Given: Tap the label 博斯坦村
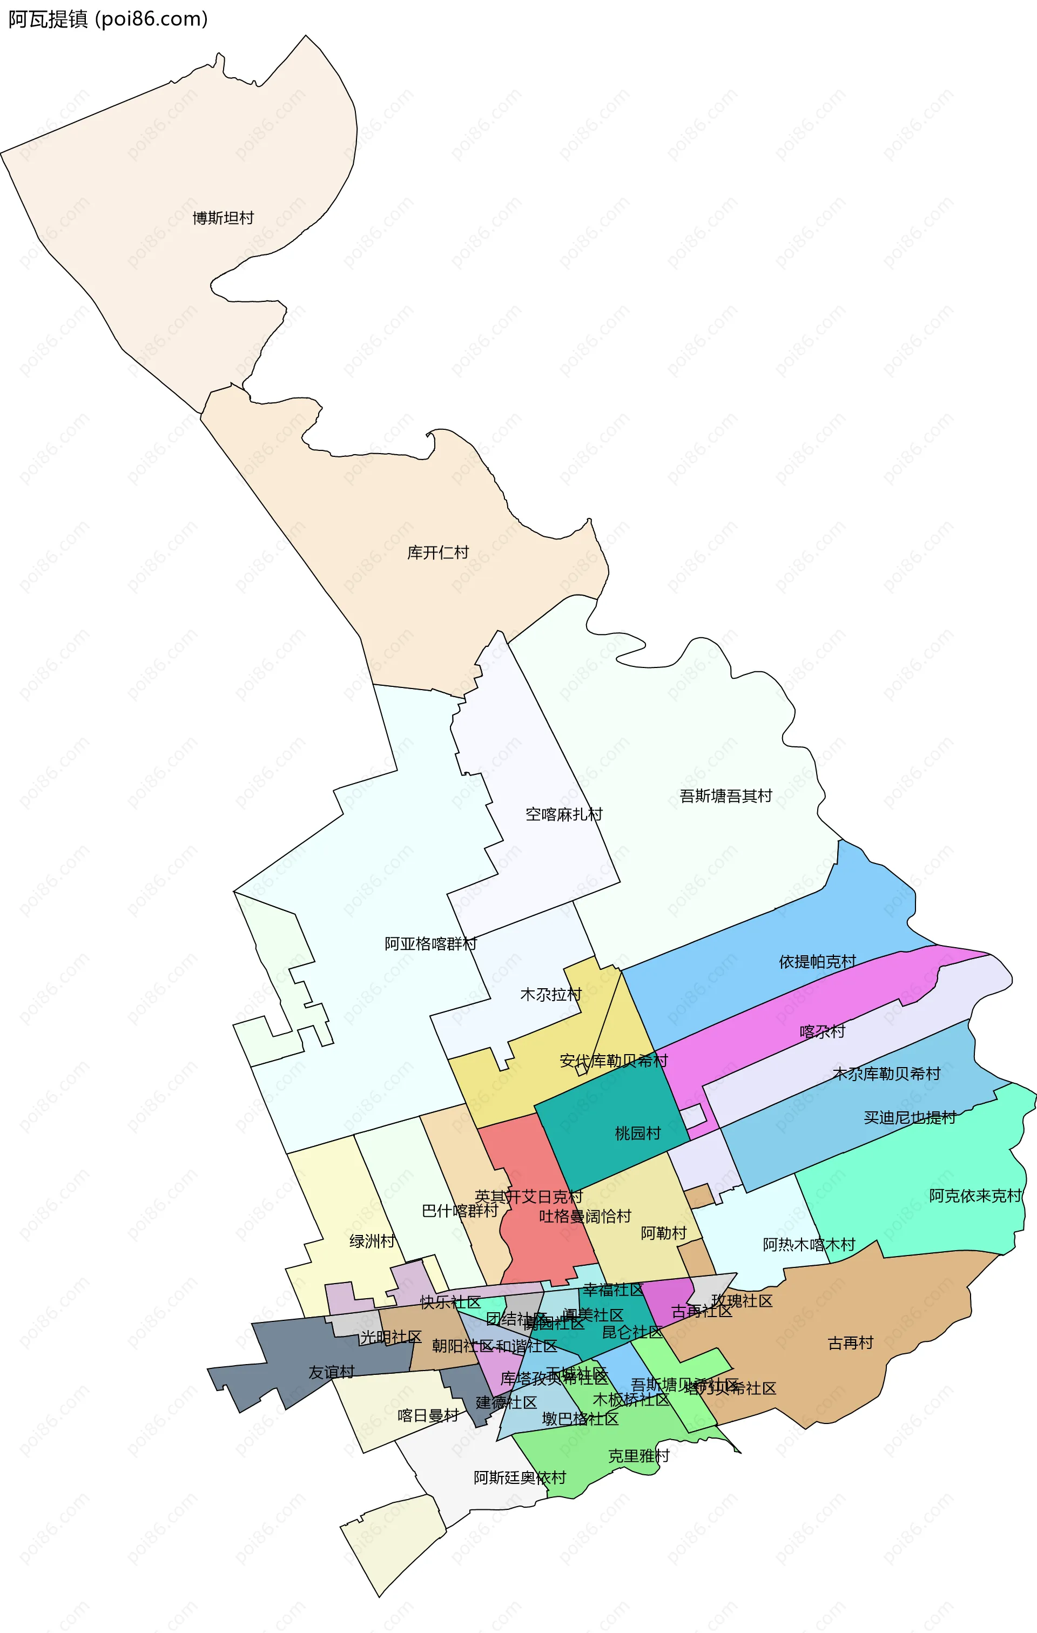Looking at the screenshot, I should point(223,218).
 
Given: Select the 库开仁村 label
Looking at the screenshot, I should point(437,552).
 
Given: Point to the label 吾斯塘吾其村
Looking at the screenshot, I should point(726,796).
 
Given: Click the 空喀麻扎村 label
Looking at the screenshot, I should point(564,814).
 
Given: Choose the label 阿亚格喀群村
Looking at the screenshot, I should point(430,944).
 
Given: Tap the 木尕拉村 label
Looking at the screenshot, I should point(551,995).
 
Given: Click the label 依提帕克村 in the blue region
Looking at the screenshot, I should point(817,962).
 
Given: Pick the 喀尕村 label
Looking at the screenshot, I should point(822,1031).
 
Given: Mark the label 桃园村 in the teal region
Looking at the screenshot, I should point(637,1133).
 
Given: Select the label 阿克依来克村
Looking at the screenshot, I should point(974,1196).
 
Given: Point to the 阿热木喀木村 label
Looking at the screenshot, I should point(809,1244).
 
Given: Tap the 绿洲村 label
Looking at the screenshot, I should point(372,1241).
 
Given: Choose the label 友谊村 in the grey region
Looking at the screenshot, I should point(331,1373).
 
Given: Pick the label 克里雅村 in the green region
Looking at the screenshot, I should point(638,1455).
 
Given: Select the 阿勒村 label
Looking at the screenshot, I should point(663,1233).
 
